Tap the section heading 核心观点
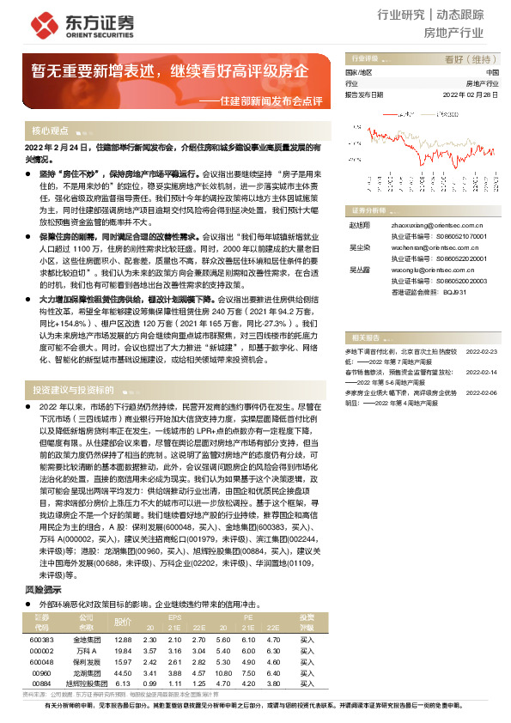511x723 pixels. (51, 131)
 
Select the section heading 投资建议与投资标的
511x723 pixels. (75, 388)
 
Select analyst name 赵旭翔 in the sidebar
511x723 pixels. (359, 222)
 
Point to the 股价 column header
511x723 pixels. (124, 622)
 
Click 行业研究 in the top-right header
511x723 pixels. (401, 15)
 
